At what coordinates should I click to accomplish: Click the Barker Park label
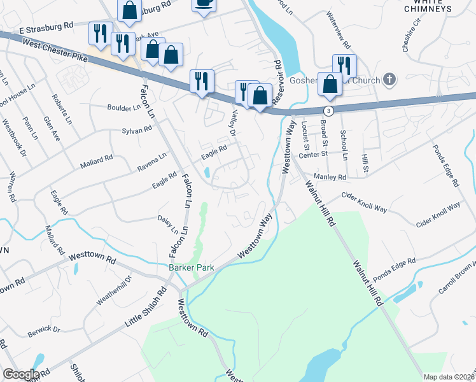pyautogui.click(x=192, y=268)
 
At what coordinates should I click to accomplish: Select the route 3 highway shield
pyautogui.click(x=328, y=111)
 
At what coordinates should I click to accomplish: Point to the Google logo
pyautogui.click(x=21, y=374)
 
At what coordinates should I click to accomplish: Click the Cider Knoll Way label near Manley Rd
pyautogui.click(x=364, y=197)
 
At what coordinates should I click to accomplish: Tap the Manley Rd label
pyautogui.click(x=330, y=176)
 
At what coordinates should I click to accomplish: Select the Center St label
pyautogui.click(x=312, y=153)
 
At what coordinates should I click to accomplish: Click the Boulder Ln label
pyautogui.click(x=124, y=108)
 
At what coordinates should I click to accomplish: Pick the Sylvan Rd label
pyautogui.click(x=136, y=129)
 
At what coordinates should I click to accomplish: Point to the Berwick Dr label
pyautogui.click(x=43, y=331)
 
